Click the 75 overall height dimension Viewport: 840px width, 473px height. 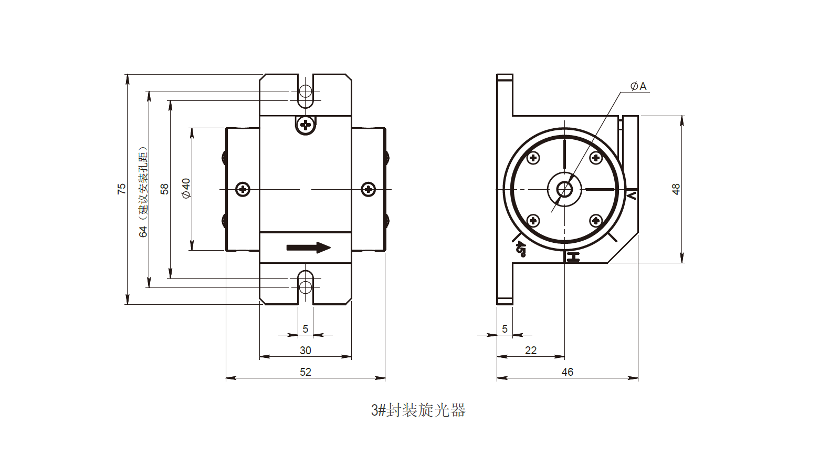(122, 189)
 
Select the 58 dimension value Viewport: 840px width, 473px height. (164, 189)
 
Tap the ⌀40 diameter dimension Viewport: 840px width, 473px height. (186, 188)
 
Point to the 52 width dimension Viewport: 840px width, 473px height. (306, 372)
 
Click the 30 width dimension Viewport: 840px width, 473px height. (306, 351)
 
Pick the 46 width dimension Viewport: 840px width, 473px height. (568, 372)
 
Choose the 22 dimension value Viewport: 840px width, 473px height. (531, 351)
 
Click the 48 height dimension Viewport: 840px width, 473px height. (676, 189)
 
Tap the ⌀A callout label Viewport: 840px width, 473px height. (639, 86)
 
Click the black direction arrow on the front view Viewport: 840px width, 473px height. (308, 248)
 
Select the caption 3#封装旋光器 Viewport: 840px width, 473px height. (418, 410)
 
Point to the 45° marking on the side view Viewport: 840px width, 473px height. (520, 248)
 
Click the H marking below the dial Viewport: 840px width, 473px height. (573, 258)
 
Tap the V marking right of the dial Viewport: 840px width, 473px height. (632, 196)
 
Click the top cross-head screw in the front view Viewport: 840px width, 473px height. (306, 125)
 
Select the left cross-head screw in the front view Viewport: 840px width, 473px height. (243, 189)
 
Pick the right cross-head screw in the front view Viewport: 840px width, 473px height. (369, 189)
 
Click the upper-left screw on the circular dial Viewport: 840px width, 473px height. (533, 158)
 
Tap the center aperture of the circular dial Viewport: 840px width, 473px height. (564, 189)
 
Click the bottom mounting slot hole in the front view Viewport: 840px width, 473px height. (306, 287)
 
